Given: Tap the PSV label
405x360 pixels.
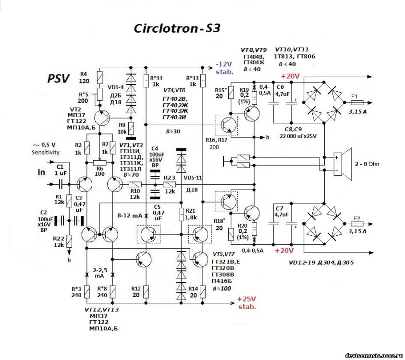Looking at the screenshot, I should point(59,78).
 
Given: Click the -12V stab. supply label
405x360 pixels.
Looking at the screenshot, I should point(224,68).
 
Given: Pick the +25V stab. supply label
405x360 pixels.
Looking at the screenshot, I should point(246,302).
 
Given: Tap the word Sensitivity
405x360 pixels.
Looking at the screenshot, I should point(46,152).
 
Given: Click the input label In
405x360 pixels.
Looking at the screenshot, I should point(43,171).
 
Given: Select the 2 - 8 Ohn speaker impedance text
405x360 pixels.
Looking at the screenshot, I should point(367,164).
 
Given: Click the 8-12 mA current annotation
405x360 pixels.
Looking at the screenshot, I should point(130,216).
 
